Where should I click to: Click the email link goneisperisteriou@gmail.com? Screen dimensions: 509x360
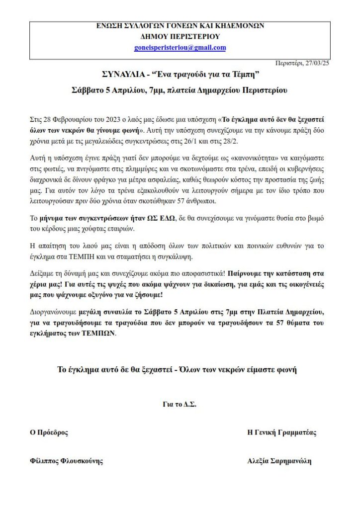180,48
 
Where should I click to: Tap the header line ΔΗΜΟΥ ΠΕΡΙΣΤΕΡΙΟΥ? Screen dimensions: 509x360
180,36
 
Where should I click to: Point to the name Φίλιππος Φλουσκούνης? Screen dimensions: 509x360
67,461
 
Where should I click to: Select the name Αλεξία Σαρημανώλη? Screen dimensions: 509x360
279,461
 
